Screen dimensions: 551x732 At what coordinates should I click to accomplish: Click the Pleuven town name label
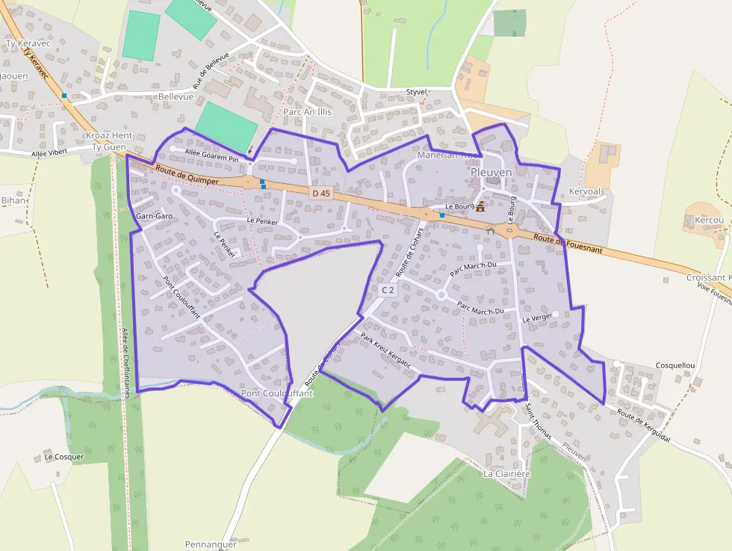coord(491,173)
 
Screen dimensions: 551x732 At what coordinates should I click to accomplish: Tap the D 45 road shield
coord(320,194)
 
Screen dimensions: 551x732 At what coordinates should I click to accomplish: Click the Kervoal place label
coord(584,191)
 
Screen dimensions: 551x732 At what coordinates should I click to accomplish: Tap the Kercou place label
coord(709,221)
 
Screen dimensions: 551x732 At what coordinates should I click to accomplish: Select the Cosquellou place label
coord(675,366)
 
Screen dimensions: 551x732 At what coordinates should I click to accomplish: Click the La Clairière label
coord(506,474)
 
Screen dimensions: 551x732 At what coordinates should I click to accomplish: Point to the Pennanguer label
coord(211,544)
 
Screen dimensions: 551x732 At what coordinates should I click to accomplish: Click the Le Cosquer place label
coord(64,456)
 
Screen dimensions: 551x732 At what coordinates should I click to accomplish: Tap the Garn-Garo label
coord(155,216)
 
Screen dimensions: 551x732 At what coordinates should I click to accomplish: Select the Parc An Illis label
coord(312,112)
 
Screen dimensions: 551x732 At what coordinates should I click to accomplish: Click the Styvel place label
coord(416,92)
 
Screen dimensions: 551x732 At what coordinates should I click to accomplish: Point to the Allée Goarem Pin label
coord(211,155)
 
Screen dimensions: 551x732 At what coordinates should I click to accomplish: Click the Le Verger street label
coord(537,318)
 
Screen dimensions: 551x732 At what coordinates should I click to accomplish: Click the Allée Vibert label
coord(49,153)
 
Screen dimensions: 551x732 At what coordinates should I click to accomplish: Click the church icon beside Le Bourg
coord(480,207)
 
